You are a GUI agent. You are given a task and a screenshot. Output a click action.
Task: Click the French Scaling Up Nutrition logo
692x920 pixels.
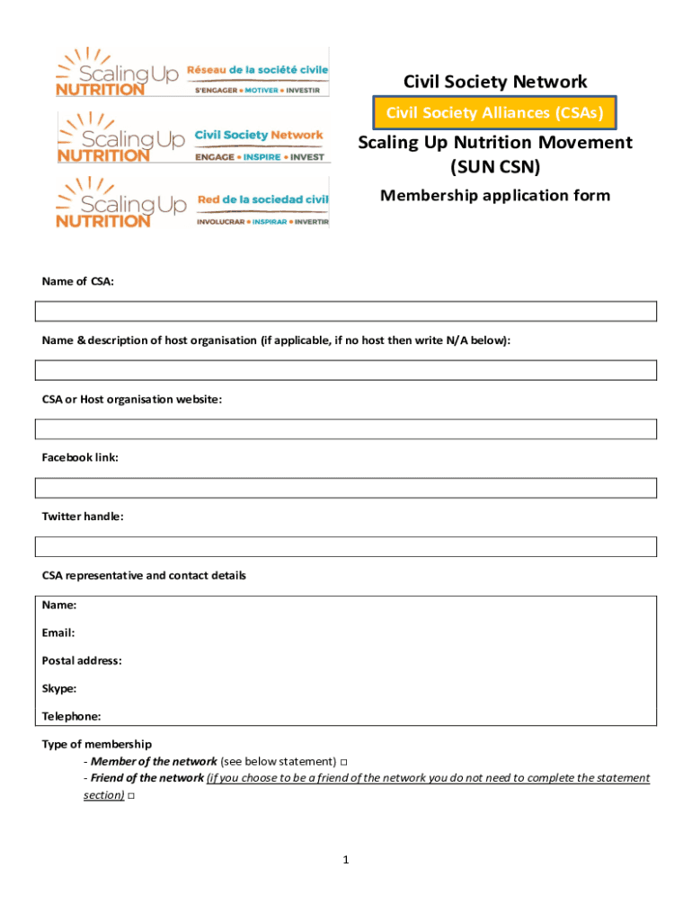pyautogui.click(x=192, y=71)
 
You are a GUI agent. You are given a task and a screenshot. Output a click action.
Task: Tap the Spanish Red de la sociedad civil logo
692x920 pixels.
pyautogui.click(x=192, y=203)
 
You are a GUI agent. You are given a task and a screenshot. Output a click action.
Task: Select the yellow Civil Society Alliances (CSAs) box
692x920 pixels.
pyautogui.click(x=495, y=112)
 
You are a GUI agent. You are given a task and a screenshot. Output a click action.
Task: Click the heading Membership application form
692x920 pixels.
pyautogui.click(x=495, y=195)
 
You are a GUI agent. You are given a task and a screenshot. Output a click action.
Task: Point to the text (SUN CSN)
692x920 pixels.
pyautogui.click(x=495, y=166)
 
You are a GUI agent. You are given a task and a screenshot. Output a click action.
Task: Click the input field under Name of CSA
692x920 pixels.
pyautogui.click(x=346, y=311)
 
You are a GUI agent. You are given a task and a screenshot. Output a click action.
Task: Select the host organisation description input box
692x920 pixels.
pyautogui.click(x=346, y=370)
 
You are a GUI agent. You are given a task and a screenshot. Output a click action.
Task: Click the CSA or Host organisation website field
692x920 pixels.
pyautogui.click(x=346, y=429)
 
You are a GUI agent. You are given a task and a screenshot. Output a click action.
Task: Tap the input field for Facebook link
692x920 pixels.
pyautogui.click(x=346, y=488)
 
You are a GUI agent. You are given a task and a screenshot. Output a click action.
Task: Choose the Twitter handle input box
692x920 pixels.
pyautogui.click(x=346, y=546)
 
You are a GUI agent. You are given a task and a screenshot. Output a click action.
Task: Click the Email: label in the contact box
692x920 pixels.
pyautogui.click(x=58, y=632)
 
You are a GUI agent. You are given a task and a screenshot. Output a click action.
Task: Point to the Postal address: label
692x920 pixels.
pyautogui.click(x=82, y=660)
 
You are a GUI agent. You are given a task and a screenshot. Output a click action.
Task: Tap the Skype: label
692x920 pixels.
pyautogui.click(x=59, y=688)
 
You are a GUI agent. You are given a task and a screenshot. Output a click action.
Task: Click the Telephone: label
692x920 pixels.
pyautogui.click(x=71, y=716)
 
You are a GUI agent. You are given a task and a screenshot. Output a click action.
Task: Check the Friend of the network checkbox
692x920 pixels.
pyautogui.click(x=131, y=796)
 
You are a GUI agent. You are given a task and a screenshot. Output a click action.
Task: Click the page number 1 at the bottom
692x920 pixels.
pyautogui.click(x=345, y=860)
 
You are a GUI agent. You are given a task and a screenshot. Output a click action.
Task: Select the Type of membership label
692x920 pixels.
pyautogui.click(x=97, y=744)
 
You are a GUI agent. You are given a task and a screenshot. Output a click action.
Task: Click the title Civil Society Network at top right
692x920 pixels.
pyautogui.click(x=495, y=83)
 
